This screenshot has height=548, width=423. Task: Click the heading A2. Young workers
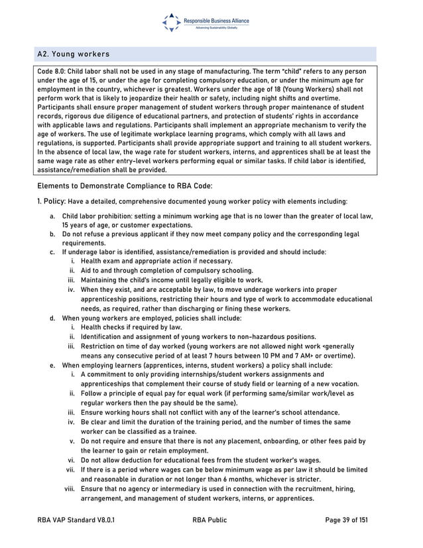[74, 54]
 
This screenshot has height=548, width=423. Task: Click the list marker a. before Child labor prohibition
[52, 216]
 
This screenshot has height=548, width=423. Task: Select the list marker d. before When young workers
[52, 318]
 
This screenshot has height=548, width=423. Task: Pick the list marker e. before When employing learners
[52, 365]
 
